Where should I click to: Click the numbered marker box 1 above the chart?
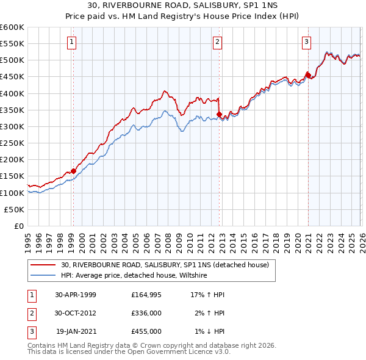[x=72, y=42]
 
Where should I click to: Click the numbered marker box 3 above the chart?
[x=306, y=42]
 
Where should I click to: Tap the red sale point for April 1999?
[x=73, y=171]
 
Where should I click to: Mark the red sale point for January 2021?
[x=308, y=75]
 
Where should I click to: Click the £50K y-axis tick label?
[x=15, y=209]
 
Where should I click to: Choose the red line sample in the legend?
[x=43, y=265]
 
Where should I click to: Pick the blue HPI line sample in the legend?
[x=43, y=276]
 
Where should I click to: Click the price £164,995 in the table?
[x=146, y=294]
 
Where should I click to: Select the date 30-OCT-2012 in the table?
[x=76, y=313]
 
